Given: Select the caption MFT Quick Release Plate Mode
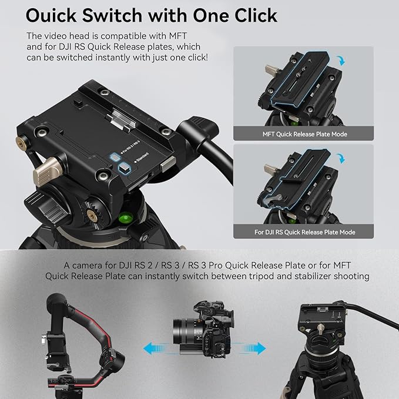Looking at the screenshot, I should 304,134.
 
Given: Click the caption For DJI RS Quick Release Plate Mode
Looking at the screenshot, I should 304,232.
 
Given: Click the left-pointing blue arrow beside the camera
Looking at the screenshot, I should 153,349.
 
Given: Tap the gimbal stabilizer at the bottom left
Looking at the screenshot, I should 82,347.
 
